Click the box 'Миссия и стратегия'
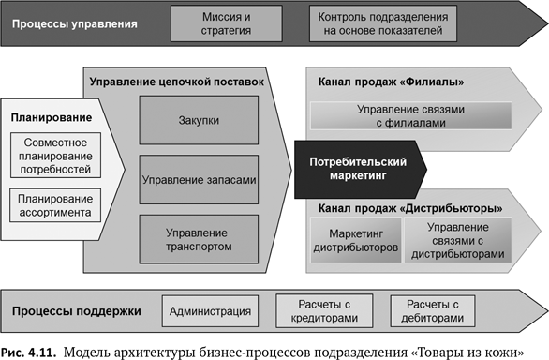(226, 23)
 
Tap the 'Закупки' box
(198, 120)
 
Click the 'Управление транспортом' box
(198, 238)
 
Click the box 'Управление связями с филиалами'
(410, 116)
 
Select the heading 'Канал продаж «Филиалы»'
(392, 82)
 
